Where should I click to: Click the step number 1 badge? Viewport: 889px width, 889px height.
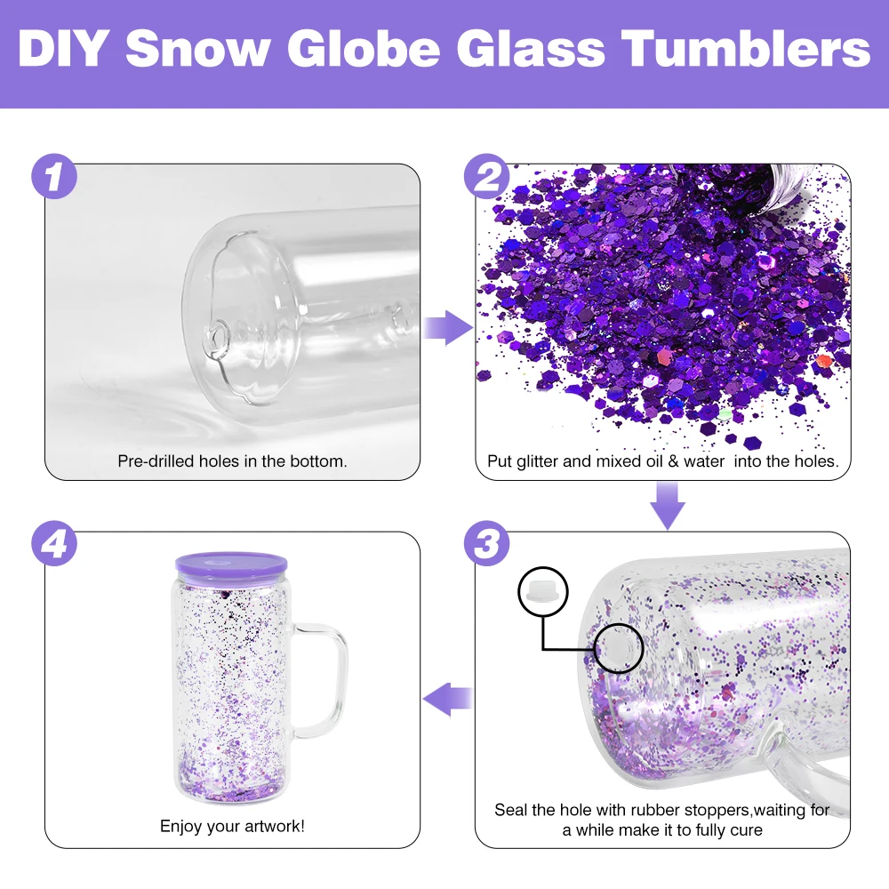[54, 178]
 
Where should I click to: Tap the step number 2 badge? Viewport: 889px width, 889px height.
[487, 178]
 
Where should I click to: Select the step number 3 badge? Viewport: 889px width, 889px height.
[486, 544]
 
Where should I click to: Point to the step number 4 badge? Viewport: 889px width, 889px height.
[54, 544]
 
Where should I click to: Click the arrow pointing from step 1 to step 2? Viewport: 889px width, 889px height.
[447, 328]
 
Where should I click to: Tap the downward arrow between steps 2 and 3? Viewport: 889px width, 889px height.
[668, 505]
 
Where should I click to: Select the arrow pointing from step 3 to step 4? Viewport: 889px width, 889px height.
[447, 700]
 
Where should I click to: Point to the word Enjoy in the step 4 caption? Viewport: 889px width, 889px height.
[180, 826]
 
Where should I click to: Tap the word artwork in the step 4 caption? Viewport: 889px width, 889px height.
[274, 826]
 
